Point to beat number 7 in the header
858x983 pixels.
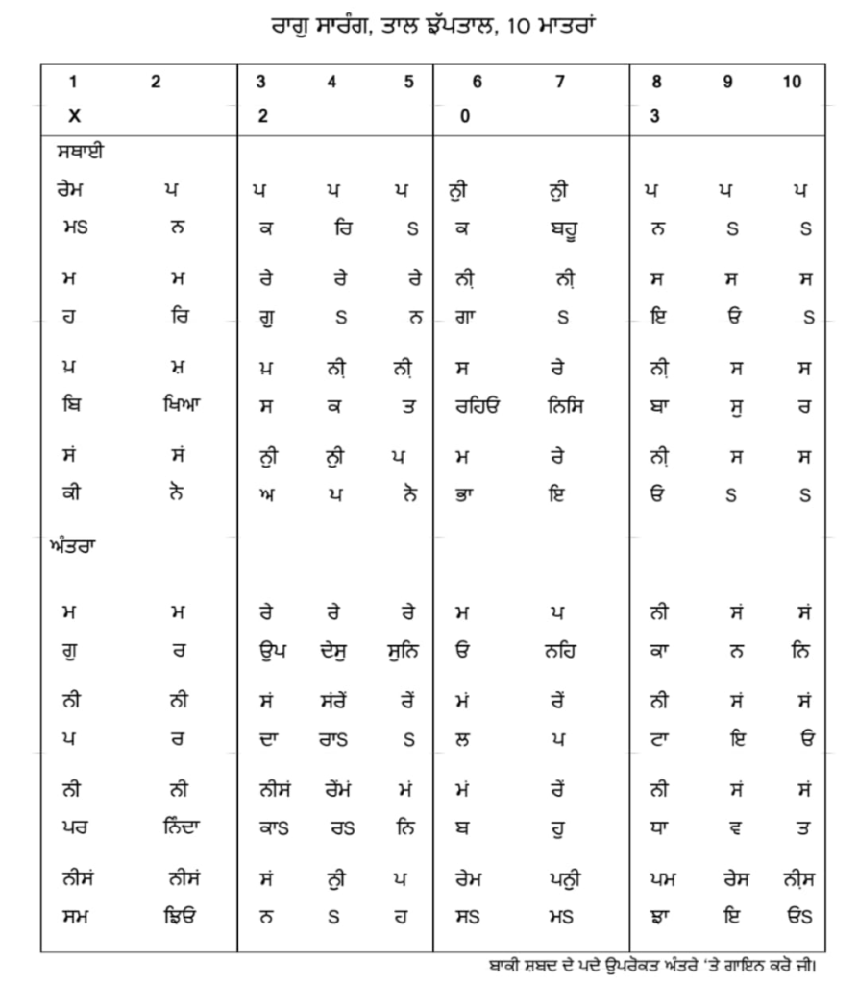pos(560,83)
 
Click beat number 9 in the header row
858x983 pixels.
pos(727,83)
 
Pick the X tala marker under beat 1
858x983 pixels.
pos(74,115)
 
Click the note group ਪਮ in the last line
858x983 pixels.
pos(656,878)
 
